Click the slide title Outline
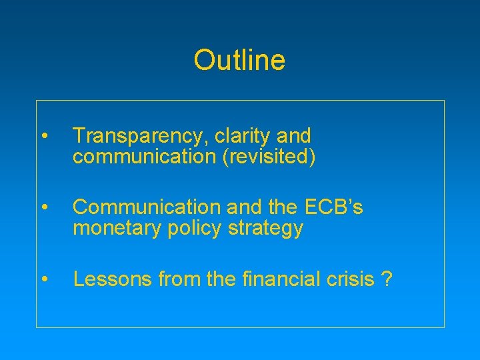[239, 60]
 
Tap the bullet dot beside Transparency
[43, 137]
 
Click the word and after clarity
[293, 137]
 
